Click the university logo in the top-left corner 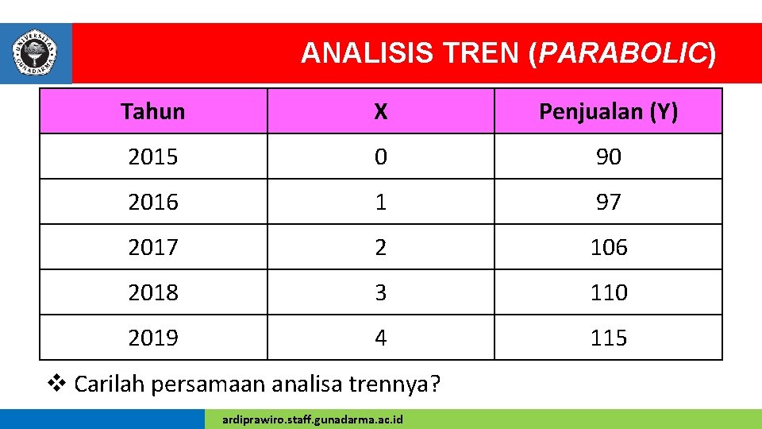(36, 52)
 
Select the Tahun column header (153, 111)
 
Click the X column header (381, 111)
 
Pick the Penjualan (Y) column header (608, 111)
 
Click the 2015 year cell (153, 157)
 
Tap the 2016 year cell (153, 202)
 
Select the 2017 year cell (153, 247)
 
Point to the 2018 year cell (153, 292)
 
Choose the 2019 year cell (153, 338)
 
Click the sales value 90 (608, 157)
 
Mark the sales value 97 (608, 202)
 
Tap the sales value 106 (608, 247)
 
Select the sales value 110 (608, 292)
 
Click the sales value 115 (608, 338)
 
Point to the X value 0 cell (381, 157)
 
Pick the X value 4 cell (381, 338)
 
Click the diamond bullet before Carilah (56, 384)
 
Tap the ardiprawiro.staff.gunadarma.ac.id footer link (313, 419)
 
